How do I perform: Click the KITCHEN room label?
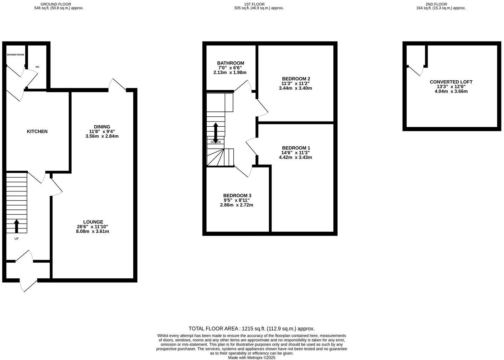tap(37, 132)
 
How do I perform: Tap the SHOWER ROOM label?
tap(15, 55)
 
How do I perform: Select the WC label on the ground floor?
tap(37, 67)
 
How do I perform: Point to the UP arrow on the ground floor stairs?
tap(16, 226)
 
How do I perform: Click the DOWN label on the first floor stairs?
tap(216, 142)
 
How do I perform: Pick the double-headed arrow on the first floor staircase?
tap(216, 132)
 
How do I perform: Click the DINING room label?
tap(102, 127)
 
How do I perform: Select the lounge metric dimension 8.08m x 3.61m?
tap(92, 231)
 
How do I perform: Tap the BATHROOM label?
tap(231, 63)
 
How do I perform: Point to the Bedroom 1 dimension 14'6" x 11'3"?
tap(295, 153)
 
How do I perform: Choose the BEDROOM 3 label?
tap(237, 195)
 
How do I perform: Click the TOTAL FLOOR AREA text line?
tap(252, 328)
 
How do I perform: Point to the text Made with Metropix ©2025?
tap(252, 358)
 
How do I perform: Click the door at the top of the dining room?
tap(117, 85)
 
